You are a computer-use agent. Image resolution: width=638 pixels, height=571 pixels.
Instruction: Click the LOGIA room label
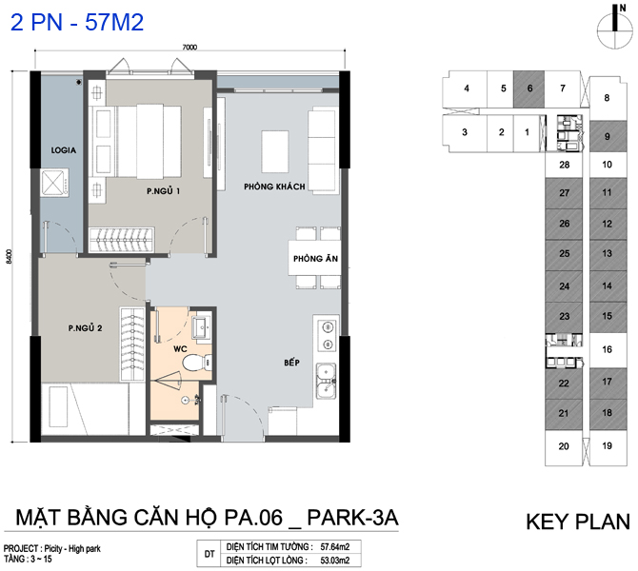64,150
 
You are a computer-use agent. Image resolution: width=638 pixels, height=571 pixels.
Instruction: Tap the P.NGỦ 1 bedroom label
164,190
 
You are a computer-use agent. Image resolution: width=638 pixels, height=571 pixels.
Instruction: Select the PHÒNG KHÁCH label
274,187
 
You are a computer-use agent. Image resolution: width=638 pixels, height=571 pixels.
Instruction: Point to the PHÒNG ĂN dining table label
316,258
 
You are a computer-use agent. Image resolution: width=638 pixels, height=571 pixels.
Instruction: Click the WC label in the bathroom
180,348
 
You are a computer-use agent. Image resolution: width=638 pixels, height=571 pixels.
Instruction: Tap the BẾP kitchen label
291,362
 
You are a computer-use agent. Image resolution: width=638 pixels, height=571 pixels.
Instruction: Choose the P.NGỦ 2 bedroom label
85,327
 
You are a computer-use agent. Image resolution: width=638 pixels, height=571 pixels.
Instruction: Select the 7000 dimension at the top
189,48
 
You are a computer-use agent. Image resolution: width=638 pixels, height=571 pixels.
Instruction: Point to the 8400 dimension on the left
9,257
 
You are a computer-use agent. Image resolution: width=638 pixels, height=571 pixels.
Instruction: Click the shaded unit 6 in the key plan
528,89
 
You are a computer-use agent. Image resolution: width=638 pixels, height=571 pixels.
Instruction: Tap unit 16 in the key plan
608,350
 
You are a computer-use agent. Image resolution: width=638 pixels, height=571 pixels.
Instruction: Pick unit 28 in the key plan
564,165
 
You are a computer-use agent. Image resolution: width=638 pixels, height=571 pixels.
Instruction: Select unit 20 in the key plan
564,446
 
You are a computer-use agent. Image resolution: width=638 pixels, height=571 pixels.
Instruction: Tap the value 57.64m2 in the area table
335,547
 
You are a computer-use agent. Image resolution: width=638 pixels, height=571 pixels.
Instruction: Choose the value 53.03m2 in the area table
335,561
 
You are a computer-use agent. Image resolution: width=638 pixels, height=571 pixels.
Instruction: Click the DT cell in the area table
209,554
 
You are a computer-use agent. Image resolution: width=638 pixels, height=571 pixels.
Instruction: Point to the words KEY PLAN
578,522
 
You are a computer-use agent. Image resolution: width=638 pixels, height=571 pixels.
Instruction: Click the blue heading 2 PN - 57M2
77,22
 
